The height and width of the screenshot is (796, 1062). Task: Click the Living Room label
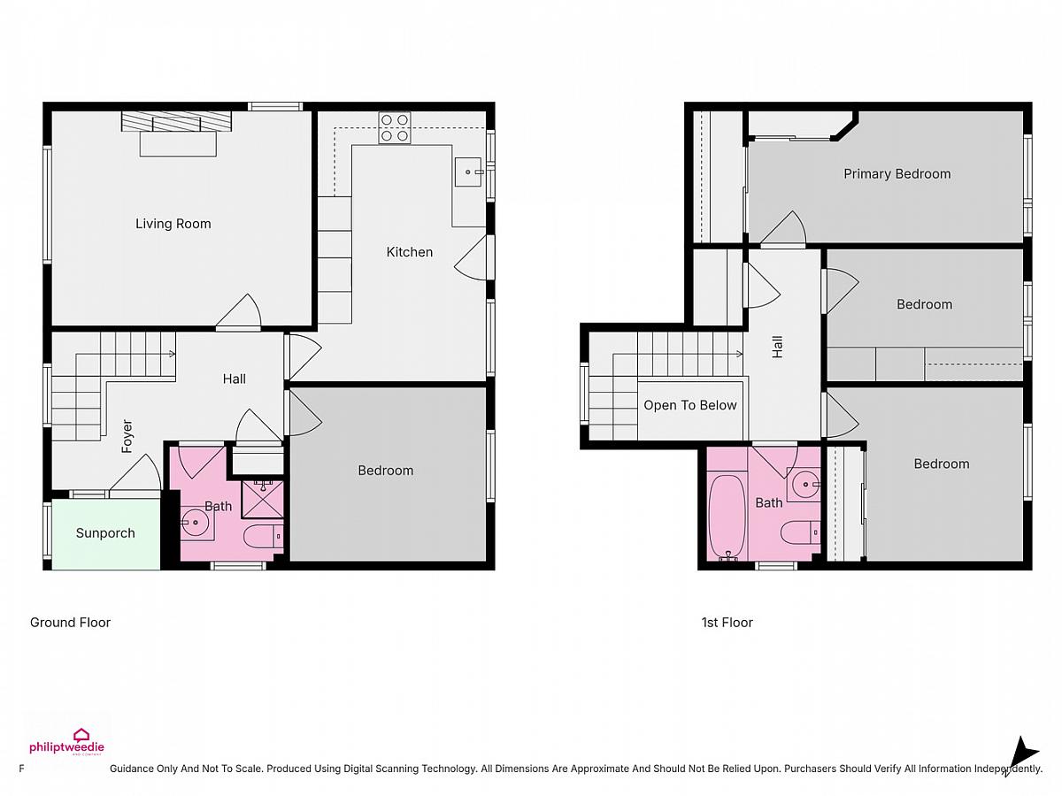pyautogui.click(x=173, y=224)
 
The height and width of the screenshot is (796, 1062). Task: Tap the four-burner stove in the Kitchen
pyautogui.click(x=395, y=127)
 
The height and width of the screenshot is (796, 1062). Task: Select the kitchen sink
pyautogui.click(x=468, y=172)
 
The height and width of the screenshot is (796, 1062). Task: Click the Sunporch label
pyautogui.click(x=105, y=533)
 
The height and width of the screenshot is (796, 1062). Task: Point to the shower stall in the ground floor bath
pyautogui.click(x=262, y=498)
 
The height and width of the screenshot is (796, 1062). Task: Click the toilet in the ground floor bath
pyautogui.click(x=263, y=537)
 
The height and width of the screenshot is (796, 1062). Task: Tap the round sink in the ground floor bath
pyautogui.click(x=196, y=523)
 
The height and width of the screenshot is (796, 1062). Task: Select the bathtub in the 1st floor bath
pyautogui.click(x=727, y=518)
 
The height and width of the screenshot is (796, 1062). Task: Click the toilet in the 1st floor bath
pyautogui.click(x=800, y=532)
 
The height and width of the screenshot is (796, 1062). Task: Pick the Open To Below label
pyautogui.click(x=690, y=405)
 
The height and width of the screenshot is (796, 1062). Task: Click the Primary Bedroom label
pyautogui.click(x=897, y=174)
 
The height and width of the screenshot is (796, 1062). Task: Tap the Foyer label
pyautogui.click(x=127, y=436)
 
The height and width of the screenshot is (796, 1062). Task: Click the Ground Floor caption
pyautogui.click(x=70, y=623)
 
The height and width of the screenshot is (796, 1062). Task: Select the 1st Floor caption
pyautogui.click(x=727, y=623)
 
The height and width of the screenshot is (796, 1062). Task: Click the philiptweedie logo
pyautogui.click(x=66, y=742)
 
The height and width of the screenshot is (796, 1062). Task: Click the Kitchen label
pyautogui.click(x=410, y=252)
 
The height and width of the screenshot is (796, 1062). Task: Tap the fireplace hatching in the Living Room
pyautogui.click(x=176, y=121)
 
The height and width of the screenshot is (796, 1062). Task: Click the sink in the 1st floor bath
pyautogui.click(x=804, y=485)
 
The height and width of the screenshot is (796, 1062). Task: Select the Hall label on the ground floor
pyautogui.click(x=235, y=379)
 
